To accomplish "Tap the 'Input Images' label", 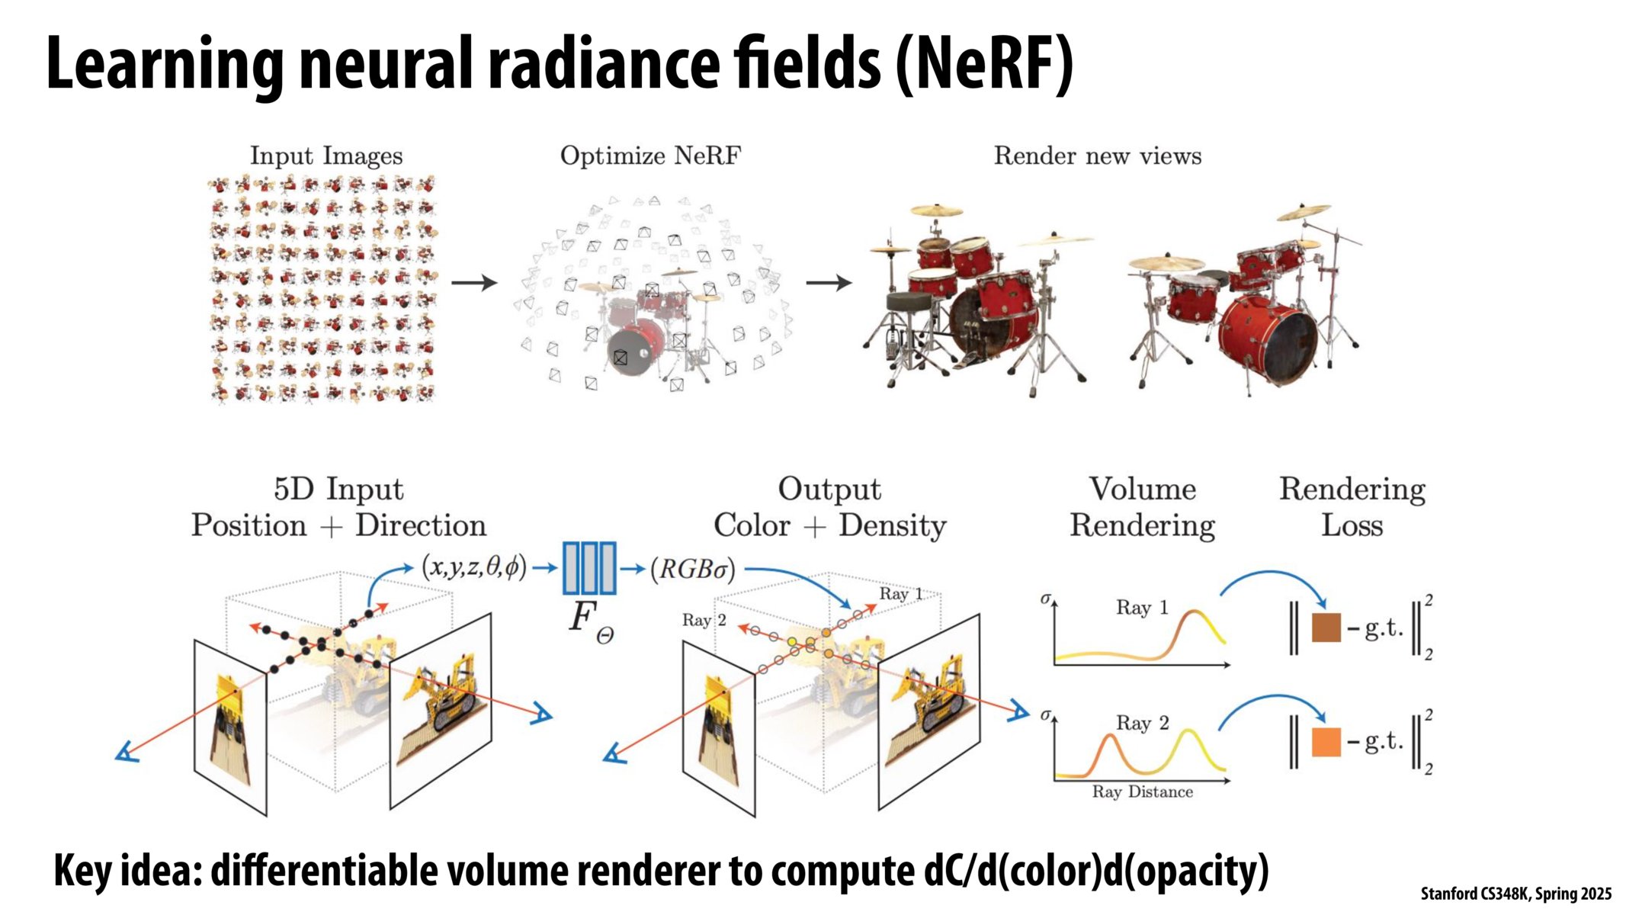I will click(326, 156).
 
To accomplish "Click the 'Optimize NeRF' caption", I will click(650, 156).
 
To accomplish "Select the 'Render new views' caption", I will click(1097, 156).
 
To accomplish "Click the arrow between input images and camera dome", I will click(473, 283).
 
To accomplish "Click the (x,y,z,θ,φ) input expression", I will click(473, 568).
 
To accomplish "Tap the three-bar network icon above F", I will click(589, 568).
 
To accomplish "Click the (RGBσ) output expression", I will click(692, 570).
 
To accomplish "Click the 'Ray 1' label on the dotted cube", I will click(900, 594).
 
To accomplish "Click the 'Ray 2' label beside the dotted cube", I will click(704, 620).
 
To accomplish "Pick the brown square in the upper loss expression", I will click(1326, 628).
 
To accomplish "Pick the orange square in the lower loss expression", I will click(1326, 742).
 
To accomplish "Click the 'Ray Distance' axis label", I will click(1142, 792).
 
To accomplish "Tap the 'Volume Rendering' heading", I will click(1142, 507).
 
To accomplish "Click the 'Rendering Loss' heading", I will click(1352, 507).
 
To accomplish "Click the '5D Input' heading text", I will click(338, 490).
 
